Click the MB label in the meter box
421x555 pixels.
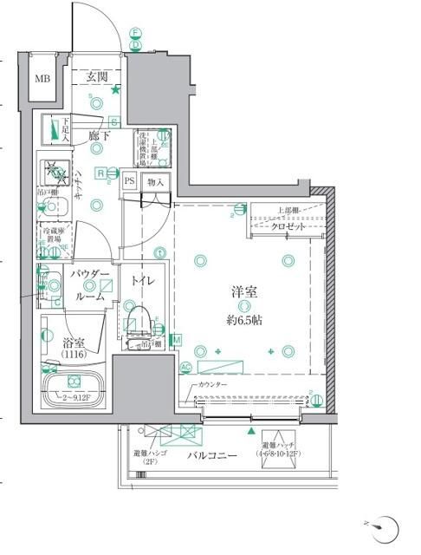coord(42,79)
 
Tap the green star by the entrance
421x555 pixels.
coord(115,88)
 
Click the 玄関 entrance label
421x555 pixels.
coord(97,76)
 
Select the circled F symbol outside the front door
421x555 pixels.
coord(135,33)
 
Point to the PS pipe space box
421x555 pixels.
coord(129,182)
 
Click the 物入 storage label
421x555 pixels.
coord(156,182)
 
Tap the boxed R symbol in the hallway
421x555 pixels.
coord(101,173)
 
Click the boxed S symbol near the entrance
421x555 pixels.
coord(113,121)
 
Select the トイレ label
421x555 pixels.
coord(142,281)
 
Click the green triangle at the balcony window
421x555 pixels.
coord(252,430)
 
